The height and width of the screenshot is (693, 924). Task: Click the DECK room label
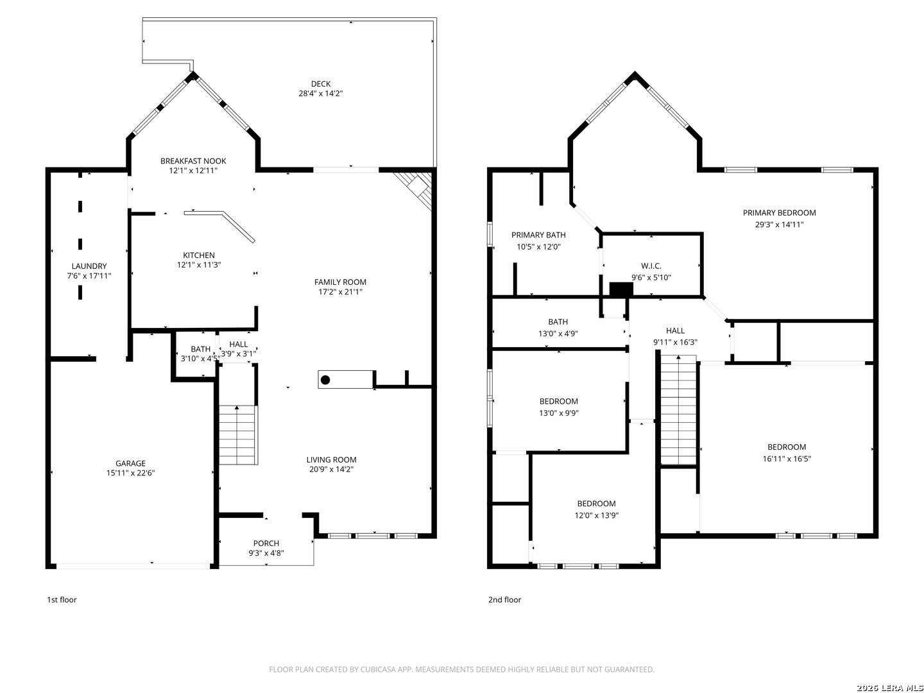pyautogui.click(x=320, y=83)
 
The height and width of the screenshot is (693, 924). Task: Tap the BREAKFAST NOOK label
pyautogui.click(x=193, y=160)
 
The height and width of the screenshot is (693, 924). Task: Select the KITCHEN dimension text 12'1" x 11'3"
pyautogui.click(x=199, y=264)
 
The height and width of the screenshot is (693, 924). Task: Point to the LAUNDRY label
pyautogui.click(x=89, y=266)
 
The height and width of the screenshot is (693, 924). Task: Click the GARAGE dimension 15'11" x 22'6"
pyautogui.click(x=130, y=472)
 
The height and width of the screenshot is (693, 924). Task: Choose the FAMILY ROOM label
pyautogui.click(x=340, y=282)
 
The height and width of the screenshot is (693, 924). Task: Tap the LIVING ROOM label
pyautogui.click(x=331, y=459)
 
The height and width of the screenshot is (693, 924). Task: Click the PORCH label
pyautogui.click(x=266, y=543)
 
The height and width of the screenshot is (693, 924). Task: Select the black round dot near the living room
pyautogui.click(x=325, y=380)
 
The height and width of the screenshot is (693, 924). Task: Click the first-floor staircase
pyautogui.click(x=238, y=435)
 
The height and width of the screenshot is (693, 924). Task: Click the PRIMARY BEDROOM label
pyautogui.click(x=779, y=213)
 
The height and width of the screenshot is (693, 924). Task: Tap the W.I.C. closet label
pyautogui.click(x=651, y=266)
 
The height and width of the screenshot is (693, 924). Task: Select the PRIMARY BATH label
pyautogui.click(x=538, y=235)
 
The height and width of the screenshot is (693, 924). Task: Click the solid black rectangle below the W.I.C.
pyautogui.click(x=621, y=289)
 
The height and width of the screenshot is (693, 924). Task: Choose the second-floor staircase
pyautogui.click(x=678, y=409)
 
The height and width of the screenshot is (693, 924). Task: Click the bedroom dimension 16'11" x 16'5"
pyautogui.click(x=786, y=459)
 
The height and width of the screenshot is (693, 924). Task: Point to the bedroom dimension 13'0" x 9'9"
pyautogui.click(x=559, y=413)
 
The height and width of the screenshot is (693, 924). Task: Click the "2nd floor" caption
pyautogui.click(x=504, y=599)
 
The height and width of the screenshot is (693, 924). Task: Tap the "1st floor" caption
pyautogui.click(x=62, y=599)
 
